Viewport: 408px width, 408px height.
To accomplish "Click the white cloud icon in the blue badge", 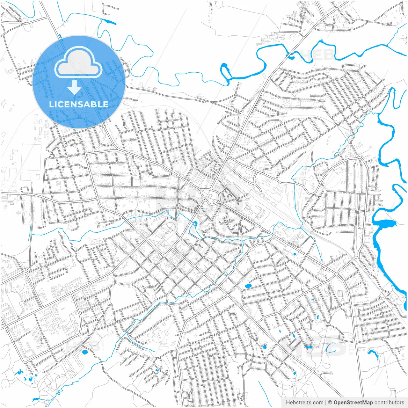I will pyautogui.click(x=78, y=62).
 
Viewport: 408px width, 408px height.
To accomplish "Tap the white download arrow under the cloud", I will pyautogui.click(x=75, y=88).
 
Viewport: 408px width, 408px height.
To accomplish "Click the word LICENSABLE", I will pyautogui.click(x=78, y=104).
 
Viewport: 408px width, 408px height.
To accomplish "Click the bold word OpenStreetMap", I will pyautogui.click(x=353, y=403).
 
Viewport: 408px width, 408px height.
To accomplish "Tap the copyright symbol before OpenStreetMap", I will pyautogui.click(x=330, y=403).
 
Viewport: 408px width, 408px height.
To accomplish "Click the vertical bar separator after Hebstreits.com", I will pyautogui.click(x=326, y=403).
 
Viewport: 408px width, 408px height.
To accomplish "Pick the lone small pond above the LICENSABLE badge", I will pyautogui.click(x=109, y=22).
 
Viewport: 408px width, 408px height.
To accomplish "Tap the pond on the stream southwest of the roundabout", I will pyautogui.click(x=195, y=223).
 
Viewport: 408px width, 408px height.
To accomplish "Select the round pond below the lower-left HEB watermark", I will pyautogui.click(x=85, y=352).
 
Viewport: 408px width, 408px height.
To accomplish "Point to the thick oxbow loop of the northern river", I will pyautogui.click(x=225, y=72).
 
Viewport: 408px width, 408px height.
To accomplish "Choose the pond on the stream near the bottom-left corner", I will pyautogui.click(x=35, y=399).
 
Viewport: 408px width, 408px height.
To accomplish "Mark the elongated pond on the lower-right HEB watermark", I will pyautogui.click(x=308, y=346).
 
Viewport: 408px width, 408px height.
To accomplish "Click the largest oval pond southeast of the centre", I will pyautogui.click(x=248, y=286).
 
